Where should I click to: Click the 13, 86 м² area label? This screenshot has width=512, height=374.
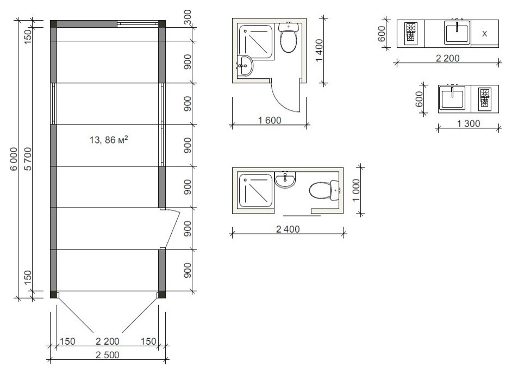109,140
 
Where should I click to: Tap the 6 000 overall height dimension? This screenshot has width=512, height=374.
14,159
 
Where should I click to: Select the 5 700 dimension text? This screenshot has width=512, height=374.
28,159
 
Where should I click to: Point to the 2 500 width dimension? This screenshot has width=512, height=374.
108,355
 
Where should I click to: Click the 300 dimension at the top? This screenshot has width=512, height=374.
188,17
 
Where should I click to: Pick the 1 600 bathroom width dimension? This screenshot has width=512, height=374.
270,120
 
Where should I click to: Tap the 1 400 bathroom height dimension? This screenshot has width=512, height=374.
319,50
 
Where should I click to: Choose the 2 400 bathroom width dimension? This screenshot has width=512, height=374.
288,229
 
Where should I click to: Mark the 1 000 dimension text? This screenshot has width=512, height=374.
356,190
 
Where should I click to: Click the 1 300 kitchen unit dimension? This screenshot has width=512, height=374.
468,123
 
